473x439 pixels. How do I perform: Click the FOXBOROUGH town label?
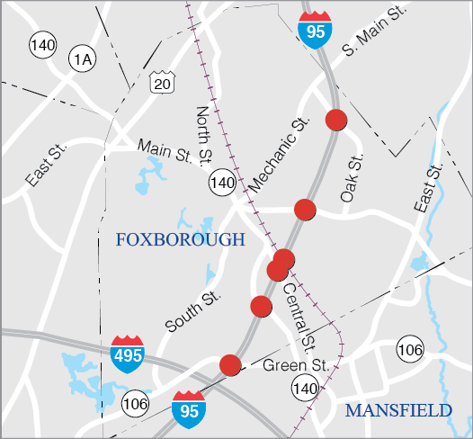tap(180, 239)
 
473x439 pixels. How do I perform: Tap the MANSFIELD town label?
tap(398, 410)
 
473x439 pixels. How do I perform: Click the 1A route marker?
tap(83, 59)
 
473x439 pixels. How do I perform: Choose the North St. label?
tap(203, 135)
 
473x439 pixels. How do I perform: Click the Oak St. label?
tap(352, 177)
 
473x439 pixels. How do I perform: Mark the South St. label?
tap(192, 311)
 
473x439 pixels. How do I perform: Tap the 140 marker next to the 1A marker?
tap(41, 43)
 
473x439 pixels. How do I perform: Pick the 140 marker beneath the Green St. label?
tap(304, 389)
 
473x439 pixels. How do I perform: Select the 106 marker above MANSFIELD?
tap(409, 349)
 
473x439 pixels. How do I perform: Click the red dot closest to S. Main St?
tap(336, 119)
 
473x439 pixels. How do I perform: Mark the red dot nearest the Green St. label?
tap(230, 364)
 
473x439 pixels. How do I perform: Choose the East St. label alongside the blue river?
tap(430, 188)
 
